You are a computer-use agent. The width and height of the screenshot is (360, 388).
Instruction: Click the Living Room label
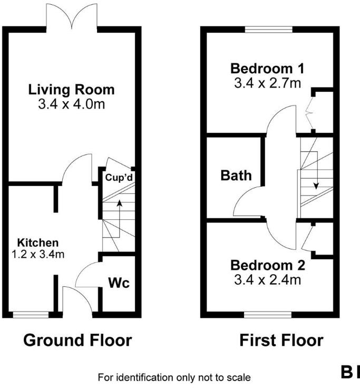click(x=71, y=89)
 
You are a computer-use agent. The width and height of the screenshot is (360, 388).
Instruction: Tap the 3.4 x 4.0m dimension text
click(x=71, y=104)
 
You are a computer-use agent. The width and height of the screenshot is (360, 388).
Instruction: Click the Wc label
click(x=119, y=283)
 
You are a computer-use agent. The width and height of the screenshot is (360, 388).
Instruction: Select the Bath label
click(x=236, y=175)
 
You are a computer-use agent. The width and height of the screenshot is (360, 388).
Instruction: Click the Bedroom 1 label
click(x=268, y=69)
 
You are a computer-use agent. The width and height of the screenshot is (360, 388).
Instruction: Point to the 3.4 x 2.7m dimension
click(x=268, y=82)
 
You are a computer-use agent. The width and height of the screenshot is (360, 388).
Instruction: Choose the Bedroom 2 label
click(x=268, y=265)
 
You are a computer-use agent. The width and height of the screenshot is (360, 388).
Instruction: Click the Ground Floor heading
click(x=77, y=340)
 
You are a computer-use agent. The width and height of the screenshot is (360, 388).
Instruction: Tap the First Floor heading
click(x=281, y=340)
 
